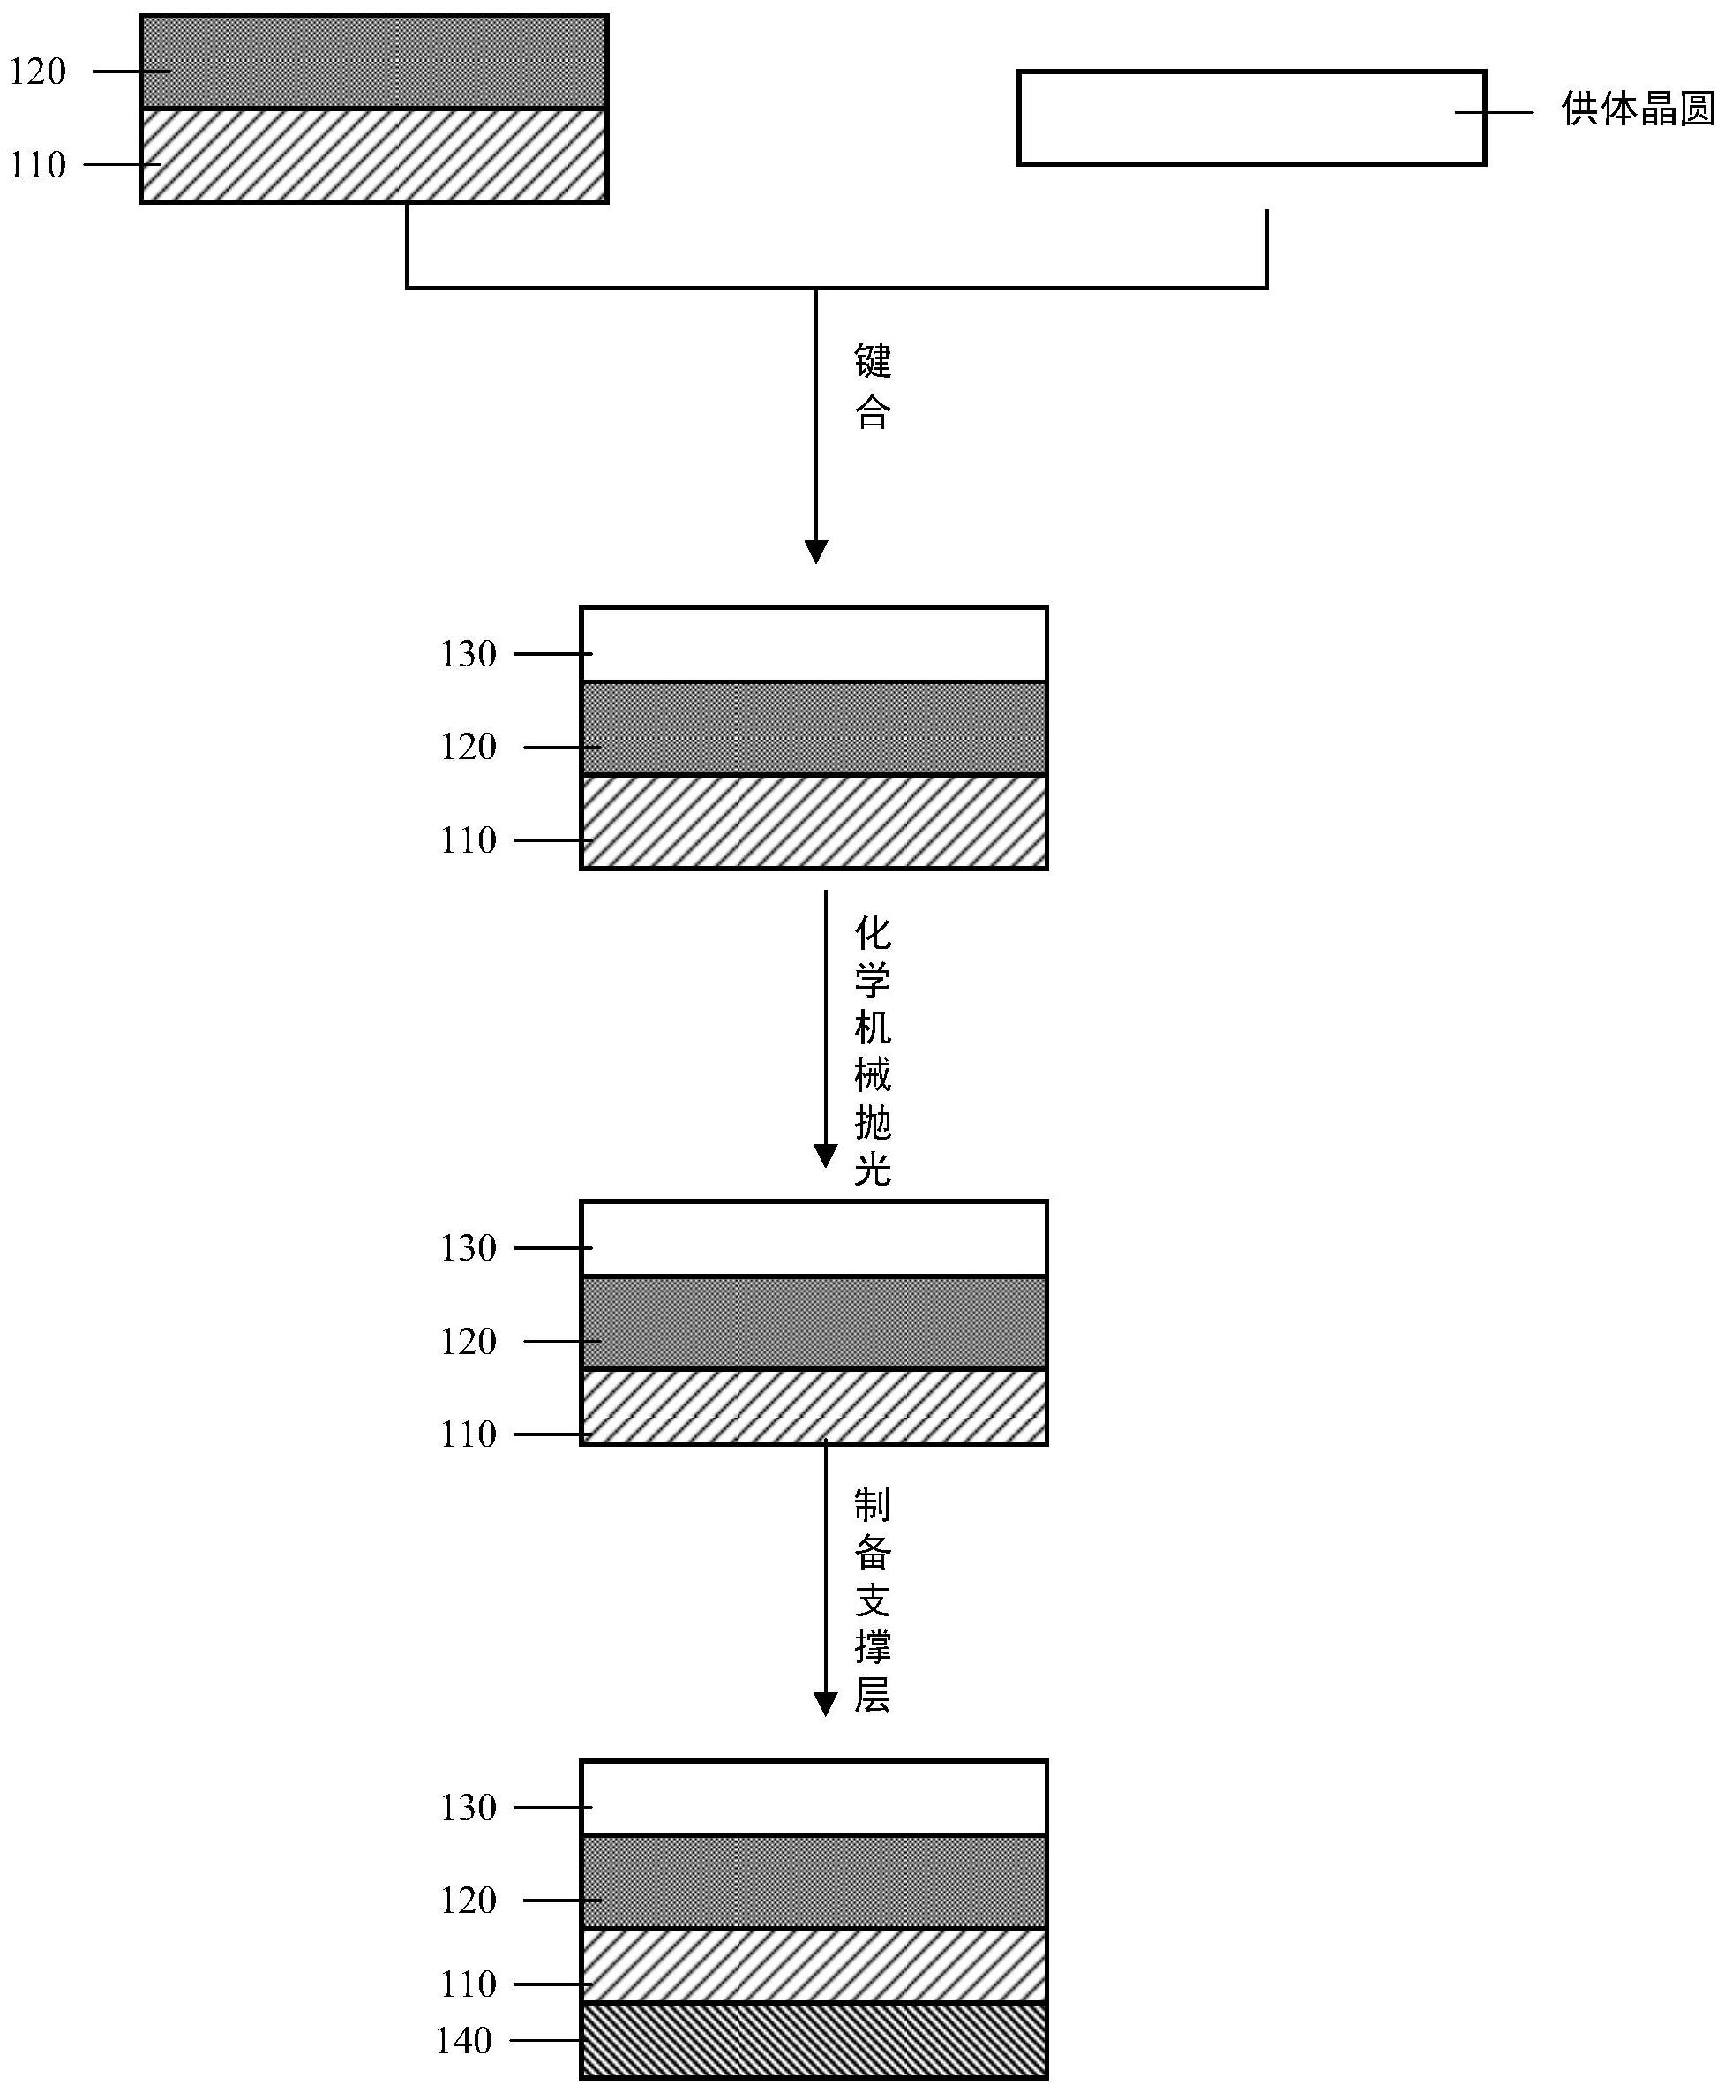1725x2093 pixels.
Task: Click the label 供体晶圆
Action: tap(1639, 109)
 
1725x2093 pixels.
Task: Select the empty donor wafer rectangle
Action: tap(1252, 117)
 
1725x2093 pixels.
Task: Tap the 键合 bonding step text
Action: tap(873, 387)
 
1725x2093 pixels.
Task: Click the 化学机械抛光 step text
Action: tap(873, 1051)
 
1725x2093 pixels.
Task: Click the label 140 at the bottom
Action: tap(464, 2041)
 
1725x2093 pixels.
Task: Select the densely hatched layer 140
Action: tap(814, 2040)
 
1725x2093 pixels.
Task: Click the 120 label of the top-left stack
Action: tap(38, 72)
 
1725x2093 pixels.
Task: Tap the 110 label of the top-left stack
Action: tap(38, 165)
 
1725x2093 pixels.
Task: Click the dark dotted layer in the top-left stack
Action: tap(373, 62)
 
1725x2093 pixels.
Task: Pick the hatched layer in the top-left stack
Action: tap(373, 155)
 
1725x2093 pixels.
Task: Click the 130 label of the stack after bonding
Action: tap(468, 654)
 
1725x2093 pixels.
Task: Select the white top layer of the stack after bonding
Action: tap(814, 644)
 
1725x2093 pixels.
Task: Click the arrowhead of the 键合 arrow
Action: tap(816, 552)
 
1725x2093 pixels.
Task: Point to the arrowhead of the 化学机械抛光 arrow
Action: tap(826, 1156)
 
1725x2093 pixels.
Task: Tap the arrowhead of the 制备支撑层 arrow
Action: tap(826, 1705)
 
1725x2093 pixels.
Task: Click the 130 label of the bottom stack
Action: tap(468, 1808)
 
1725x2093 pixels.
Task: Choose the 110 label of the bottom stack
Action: tap(468, 1984)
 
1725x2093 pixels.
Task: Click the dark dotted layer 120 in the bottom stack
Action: tap(814, 1881)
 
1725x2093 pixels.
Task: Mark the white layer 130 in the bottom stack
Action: tap(814, 1798)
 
